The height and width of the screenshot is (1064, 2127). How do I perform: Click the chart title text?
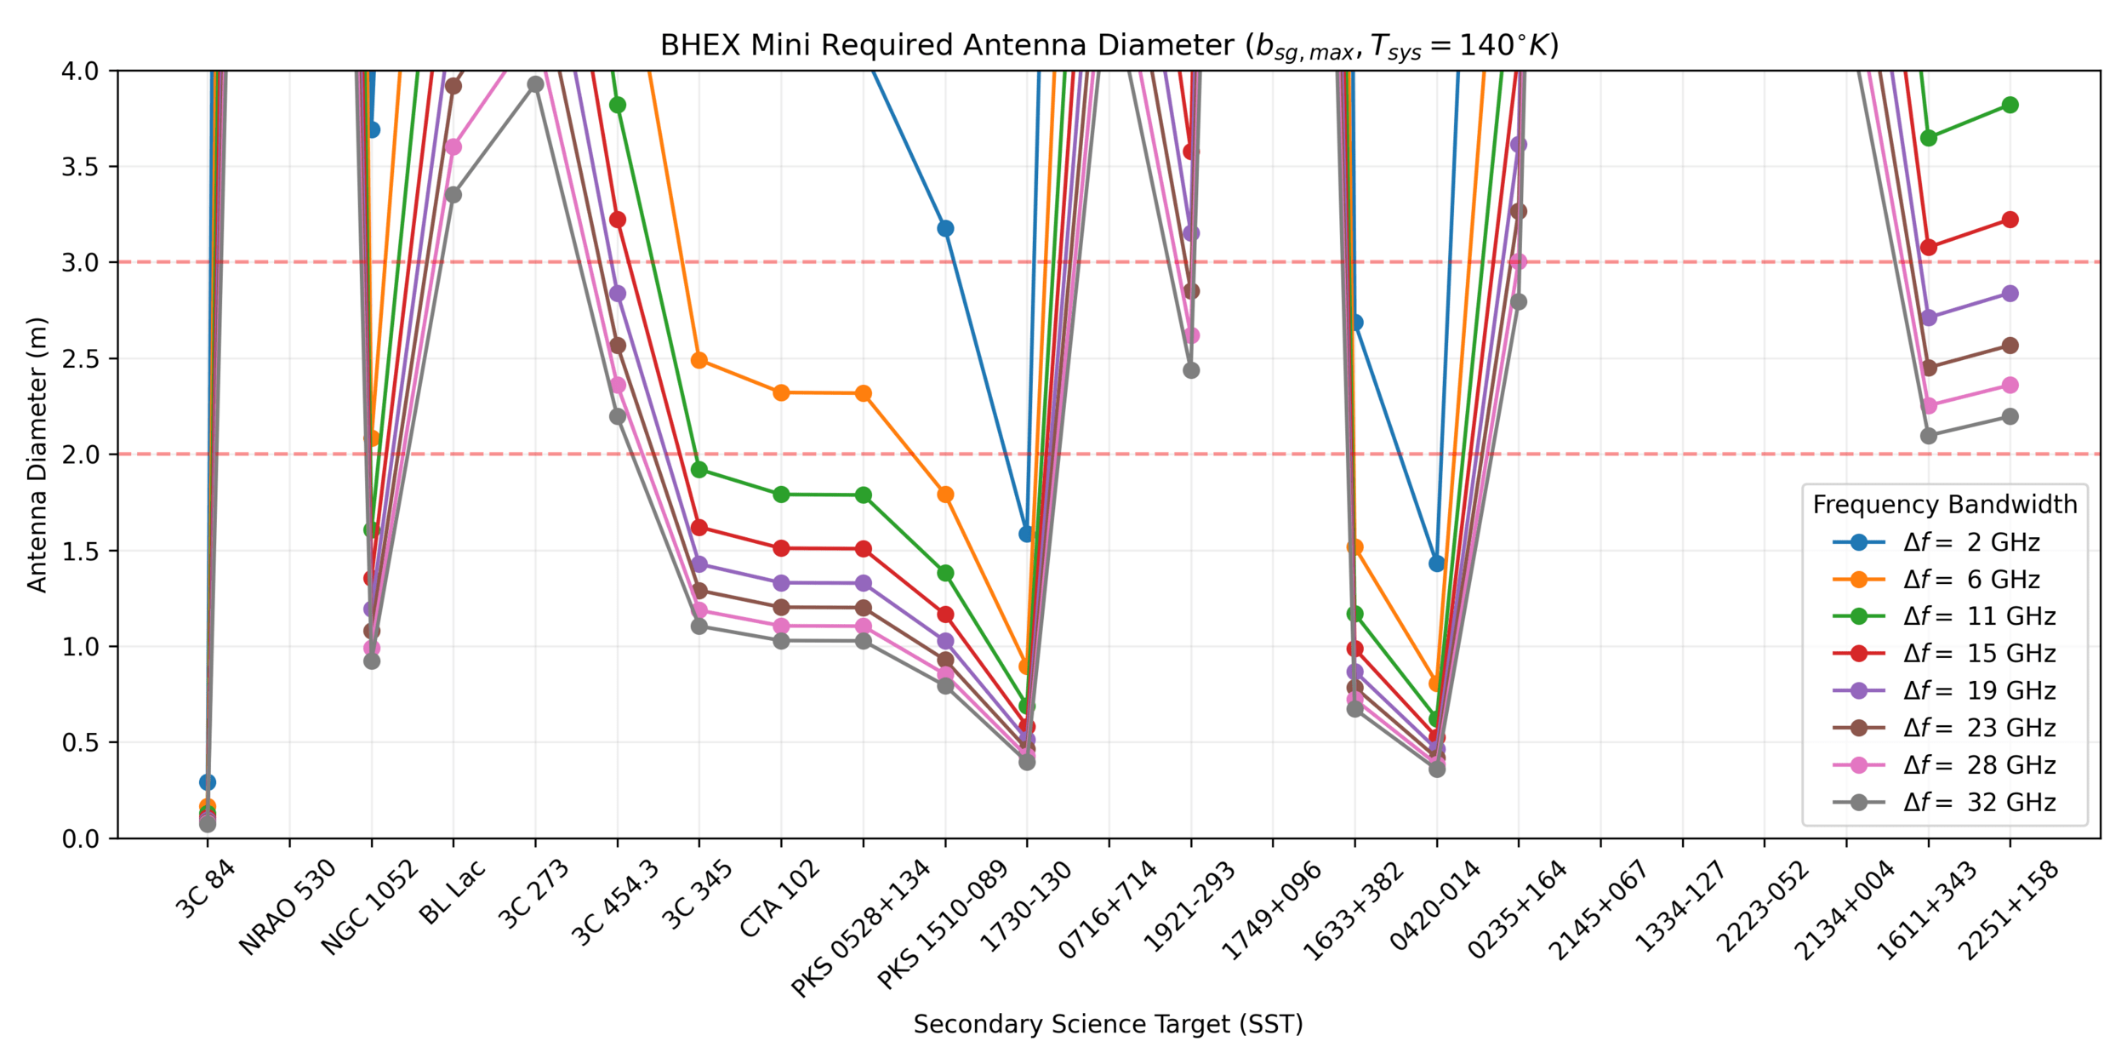pyautogui.click(x=1109, y=45)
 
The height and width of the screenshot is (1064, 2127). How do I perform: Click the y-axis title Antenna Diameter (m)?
pyautogui.click(x=37, y=455)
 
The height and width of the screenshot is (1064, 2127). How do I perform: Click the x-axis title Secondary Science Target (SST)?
pyautogui.click(x=1108, y=1024)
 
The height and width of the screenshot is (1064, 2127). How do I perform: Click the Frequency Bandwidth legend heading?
pyautogui.click(x=1944, y=505)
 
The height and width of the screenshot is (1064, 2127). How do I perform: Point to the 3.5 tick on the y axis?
pyautogui.click(x=80, y=167)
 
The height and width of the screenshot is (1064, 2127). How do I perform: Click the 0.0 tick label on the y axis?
pyautogui.click(x=80, y=839)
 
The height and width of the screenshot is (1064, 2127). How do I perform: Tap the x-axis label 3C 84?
pyautogui.click(x=204, y=889)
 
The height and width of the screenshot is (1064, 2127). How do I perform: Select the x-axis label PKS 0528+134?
pyautogui.click(x=860, y=928)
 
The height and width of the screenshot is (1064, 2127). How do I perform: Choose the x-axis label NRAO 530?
pyautogui.click(x=287, y=907)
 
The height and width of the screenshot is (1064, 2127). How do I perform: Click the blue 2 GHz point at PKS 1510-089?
pyautogui.click(x=945, y=229)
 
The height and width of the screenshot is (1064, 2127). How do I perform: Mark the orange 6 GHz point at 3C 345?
pyautogui.click(x=699, y=360)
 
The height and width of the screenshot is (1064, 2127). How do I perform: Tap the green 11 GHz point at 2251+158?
pyautogui.click(x=2010, y=106)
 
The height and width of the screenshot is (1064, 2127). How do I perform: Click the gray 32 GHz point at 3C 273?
pyautogui.click(x=535, y=84)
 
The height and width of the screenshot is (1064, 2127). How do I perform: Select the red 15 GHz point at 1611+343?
pyautogui.click(x=1929, y=248)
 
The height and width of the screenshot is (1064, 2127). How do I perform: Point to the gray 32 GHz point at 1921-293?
pyautogui.click(x=1191, y=370)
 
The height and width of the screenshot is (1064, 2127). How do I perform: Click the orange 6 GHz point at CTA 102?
pyautogui.click(x=781, y=393)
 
